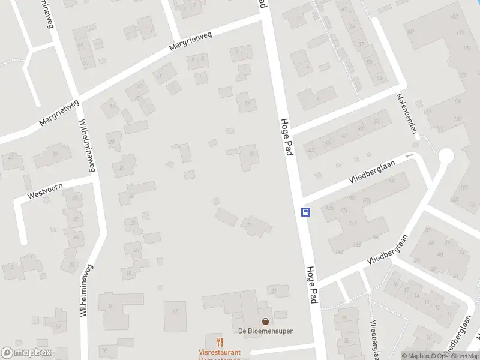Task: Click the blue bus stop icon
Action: click(x=305, y=212)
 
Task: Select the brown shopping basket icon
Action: click(x=265, y=322)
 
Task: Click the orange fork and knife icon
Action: click(x=220, y=343)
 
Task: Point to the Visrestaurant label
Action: click(x=220, y=352)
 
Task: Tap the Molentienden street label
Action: click(x=407, y=113)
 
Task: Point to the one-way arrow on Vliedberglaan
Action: click(x=410, y=156)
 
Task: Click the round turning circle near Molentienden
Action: click(x=446, y=157)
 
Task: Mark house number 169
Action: click(x=353, y=224)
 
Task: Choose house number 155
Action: click(x=329, y=208)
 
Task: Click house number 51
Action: click(x=377, y=122)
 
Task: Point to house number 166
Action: click(x=358, y=245)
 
